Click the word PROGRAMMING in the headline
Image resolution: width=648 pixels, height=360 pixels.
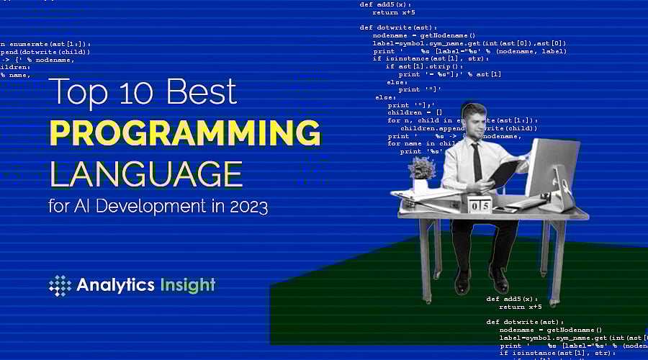click(184, 134)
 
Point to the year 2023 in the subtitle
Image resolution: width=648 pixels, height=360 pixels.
click(249, 207)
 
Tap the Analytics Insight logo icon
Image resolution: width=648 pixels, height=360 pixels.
click(60, 285)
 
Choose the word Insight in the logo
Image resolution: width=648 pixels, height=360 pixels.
click(188, 285)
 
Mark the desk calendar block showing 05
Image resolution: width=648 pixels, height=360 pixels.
click(480, 204)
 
